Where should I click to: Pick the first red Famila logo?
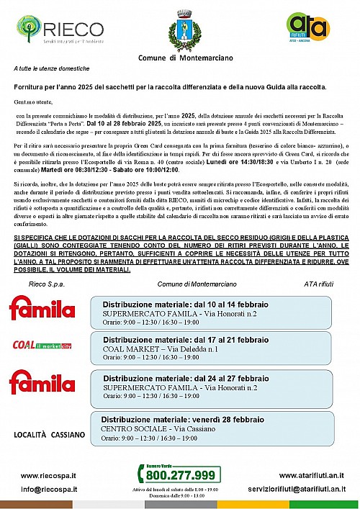[x=42, y=307]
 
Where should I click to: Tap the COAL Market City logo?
[x=42, y=345]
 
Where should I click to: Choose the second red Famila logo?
[x=42, y=382]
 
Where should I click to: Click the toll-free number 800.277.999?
[x=179, y=474]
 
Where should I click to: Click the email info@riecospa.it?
[x=48, y=490]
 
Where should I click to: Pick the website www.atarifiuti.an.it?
[x=311, y=475]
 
